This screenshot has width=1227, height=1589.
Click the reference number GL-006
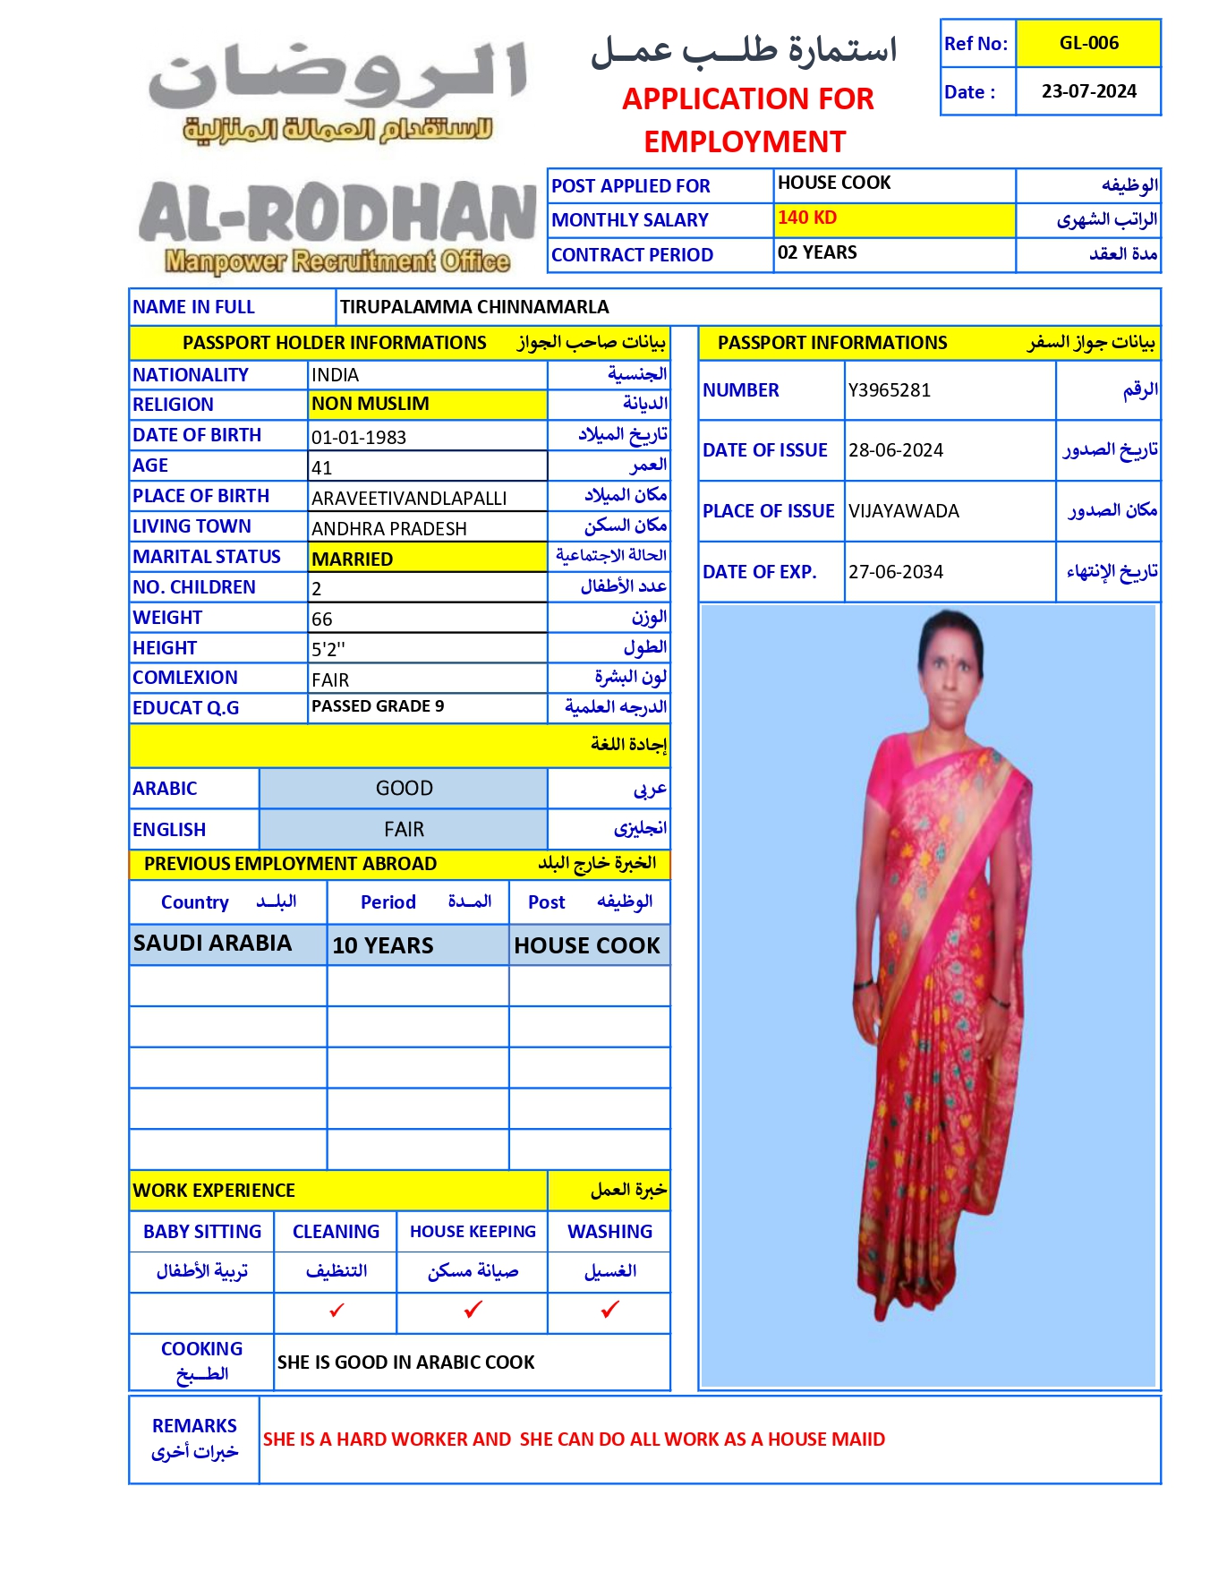[1088, 43]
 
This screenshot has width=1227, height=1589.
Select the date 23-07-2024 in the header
[1088, 91]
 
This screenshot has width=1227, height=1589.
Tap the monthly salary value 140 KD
[807, 218]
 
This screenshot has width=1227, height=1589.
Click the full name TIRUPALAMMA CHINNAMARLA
[474, 307]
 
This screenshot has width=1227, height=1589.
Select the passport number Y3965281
[890, 390]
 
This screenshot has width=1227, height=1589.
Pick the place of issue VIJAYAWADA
[904, 511]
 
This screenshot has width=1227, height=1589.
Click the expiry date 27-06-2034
[896, 572]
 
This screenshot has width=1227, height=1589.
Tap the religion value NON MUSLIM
[371, 404]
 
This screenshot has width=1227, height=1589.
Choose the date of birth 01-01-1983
[359, 438]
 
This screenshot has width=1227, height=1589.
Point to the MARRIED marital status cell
[353, 560]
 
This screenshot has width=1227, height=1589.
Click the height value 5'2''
[328, 649]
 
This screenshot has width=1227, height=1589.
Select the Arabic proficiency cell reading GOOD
[404, 788]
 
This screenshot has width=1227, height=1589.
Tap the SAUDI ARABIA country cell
[213, 944]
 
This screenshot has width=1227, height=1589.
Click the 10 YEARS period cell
[383, 945]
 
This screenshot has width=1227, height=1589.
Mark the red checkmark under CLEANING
[337, 1311]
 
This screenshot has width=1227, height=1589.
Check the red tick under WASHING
[610, 1310]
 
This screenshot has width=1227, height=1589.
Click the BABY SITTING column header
[202, 1232]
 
